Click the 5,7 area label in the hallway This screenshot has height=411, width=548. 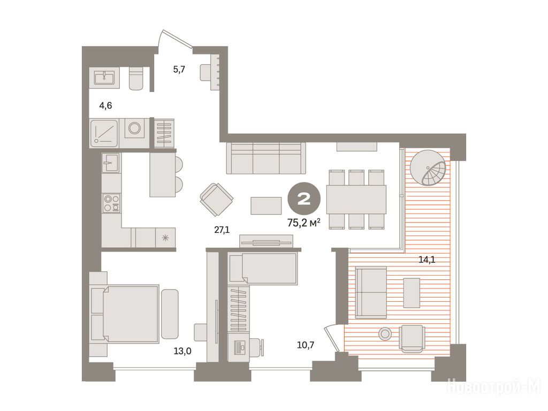179,69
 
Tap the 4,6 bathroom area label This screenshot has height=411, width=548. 105,105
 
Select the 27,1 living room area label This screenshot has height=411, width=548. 222,230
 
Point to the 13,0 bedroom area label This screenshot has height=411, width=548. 182,351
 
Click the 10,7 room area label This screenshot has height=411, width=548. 306,345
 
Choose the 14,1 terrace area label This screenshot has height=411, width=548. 427,260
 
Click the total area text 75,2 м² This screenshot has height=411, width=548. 304,222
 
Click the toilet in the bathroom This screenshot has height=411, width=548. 136,78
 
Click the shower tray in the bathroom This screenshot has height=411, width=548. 104,133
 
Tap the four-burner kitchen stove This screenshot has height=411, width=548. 111,203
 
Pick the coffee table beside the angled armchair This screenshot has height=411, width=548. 266,205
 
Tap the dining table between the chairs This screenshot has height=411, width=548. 356,199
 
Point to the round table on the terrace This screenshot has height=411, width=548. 385,334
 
